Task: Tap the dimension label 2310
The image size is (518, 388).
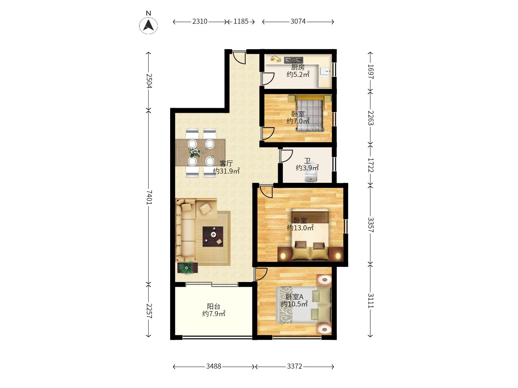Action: tap(200, 22)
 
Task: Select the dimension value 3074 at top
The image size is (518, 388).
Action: tap(298, 22)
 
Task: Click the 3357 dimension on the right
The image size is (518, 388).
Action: tap(371, 225)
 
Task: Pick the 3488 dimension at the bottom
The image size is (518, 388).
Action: tap(214, 366)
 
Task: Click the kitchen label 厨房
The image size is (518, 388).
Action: tap(298, 67)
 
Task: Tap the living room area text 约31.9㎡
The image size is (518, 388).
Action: tap(226, 171)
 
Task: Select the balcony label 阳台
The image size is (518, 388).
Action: tap(214, 306)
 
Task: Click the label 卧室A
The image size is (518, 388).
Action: tap(295, 297)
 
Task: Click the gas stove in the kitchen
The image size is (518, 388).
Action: tap(293, 60)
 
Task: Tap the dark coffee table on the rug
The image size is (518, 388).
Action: tap(213, 236)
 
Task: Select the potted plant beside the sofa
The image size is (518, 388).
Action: tap(187, 268)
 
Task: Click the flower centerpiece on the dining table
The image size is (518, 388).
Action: tap(195, 152)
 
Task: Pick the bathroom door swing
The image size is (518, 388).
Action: tap(286, 156)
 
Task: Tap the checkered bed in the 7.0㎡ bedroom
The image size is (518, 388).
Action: tap(310, 115)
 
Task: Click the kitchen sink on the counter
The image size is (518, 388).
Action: tap(325, 71)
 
